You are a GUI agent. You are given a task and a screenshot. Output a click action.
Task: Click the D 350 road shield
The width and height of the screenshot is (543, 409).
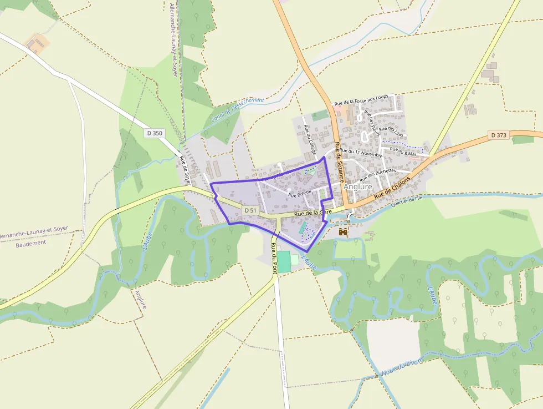click(x=156, y=133)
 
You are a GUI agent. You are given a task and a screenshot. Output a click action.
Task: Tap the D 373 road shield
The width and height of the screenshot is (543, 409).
click(x=499, y=135)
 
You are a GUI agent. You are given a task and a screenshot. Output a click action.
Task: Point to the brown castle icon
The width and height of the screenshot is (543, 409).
click(x=343, y=231)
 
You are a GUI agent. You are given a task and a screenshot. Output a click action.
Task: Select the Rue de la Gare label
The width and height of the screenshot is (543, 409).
click(x=313, y=213)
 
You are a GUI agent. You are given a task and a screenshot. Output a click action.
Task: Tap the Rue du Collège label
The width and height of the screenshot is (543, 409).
click(x=309, y=139)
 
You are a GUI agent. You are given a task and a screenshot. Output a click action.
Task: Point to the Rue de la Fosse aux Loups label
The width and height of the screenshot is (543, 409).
click(x=361, y=100)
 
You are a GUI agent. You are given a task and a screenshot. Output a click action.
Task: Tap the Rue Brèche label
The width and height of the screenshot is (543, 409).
click(x=300, y=194)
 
